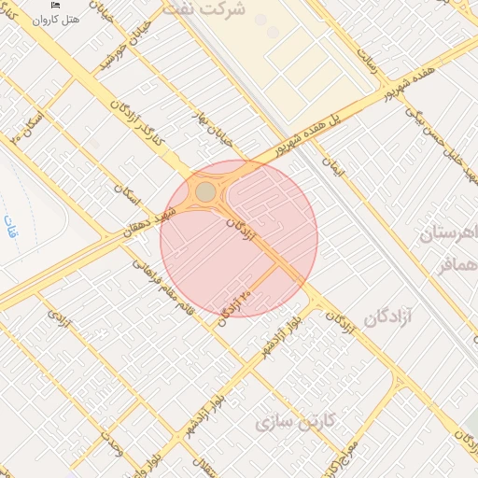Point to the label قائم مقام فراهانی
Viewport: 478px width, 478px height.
[163, 286]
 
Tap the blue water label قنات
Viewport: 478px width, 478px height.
[11, 220]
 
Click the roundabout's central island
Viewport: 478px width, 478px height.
[205, 192]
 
